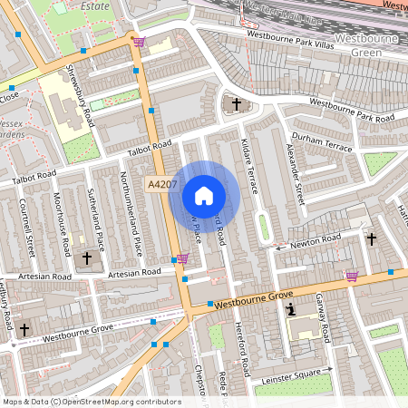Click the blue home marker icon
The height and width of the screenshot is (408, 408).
pos(204,196)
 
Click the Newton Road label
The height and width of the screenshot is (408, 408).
pos(315,240)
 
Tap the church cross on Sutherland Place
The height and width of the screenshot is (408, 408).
pos(87,258)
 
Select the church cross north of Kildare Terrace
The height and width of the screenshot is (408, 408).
pos(237,104)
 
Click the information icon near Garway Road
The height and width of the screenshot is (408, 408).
pos(291,310)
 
